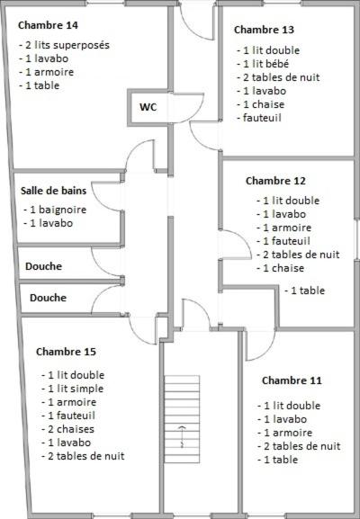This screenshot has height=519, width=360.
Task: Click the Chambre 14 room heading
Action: coord(48,25)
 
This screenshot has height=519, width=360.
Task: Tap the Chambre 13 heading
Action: coord(264,30)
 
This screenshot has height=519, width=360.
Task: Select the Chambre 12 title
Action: coord(275,181)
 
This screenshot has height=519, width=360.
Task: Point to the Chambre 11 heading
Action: coord(292,380)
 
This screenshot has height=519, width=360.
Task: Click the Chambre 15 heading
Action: coord(66,352)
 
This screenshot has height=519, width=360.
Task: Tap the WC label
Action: coord(148,107)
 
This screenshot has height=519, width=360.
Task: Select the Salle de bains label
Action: coord(53,191)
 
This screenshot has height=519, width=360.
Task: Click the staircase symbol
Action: coord(182,419)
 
